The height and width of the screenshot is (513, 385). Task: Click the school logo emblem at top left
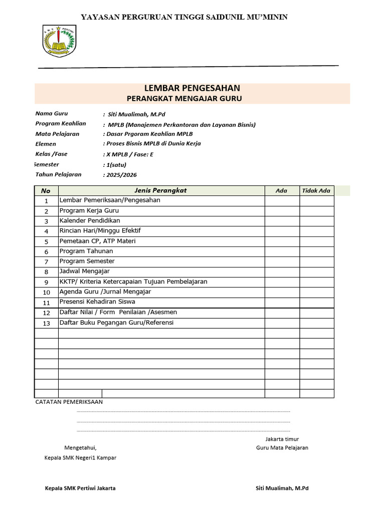(x=59, y=41)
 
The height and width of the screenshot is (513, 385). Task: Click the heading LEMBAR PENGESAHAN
(x=192, y=88)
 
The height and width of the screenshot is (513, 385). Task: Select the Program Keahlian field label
(x=61, y=124)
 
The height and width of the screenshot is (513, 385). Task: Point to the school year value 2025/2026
(x=120, y=175)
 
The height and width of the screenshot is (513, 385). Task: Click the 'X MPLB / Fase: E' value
(x=129, y=154)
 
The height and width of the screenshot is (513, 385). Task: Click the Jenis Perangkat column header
(x=161, y=190)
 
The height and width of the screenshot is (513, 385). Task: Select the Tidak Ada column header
(x=316, y=190)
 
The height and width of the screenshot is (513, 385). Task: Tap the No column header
(x=46, y=191)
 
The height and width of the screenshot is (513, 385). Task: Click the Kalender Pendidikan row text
(x=90, y=220)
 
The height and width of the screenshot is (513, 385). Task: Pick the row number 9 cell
(x=46, y=282)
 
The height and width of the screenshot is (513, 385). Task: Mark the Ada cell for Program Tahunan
(x=282, y=251)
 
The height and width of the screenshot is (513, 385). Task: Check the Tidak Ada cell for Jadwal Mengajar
(x=316, y=272)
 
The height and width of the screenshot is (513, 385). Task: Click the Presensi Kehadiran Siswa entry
(x=97, y=302)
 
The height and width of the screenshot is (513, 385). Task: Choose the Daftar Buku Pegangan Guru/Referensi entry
(x=116, y=323)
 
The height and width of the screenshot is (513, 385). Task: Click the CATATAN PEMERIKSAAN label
(x=69, y=402)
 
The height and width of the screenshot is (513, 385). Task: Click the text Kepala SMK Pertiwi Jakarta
(x=80, y=488)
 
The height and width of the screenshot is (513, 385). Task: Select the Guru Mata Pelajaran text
(x=282, y=448)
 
